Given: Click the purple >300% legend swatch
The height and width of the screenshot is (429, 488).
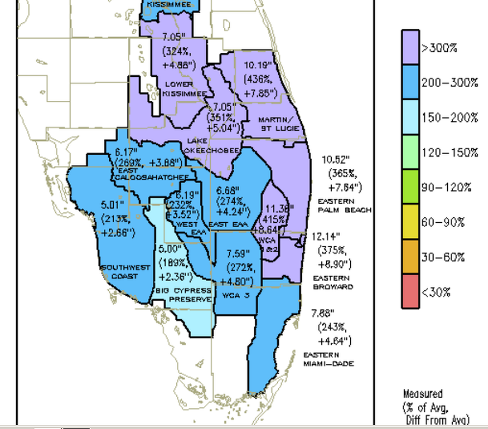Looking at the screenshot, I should point(410,47).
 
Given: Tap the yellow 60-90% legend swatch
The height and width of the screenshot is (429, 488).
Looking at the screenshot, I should point(410,222).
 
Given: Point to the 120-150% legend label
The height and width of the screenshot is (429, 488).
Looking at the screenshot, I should point(449,153).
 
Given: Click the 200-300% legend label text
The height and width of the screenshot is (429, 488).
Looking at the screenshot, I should point(449,83).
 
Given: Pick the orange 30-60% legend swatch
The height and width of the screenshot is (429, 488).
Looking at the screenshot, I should point(410,257).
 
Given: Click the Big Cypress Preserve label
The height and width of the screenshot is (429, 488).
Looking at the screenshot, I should point(184,295).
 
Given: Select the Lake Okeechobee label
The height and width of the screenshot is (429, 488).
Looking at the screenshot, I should point(211,146).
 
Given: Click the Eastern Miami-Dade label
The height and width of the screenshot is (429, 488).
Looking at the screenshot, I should point(328,359).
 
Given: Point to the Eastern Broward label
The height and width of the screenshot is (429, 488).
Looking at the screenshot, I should point(333,282).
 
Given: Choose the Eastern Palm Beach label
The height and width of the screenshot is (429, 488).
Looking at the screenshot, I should point(344,205).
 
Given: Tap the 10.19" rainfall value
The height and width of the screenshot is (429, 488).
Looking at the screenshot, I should point(258,66).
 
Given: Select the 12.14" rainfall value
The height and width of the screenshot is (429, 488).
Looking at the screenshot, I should point(326,237).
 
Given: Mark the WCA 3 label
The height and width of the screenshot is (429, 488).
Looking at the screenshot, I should point(234,295).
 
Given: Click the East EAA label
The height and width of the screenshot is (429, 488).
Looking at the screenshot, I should point(229,224).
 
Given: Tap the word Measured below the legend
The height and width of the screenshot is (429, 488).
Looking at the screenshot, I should point(423,393).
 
